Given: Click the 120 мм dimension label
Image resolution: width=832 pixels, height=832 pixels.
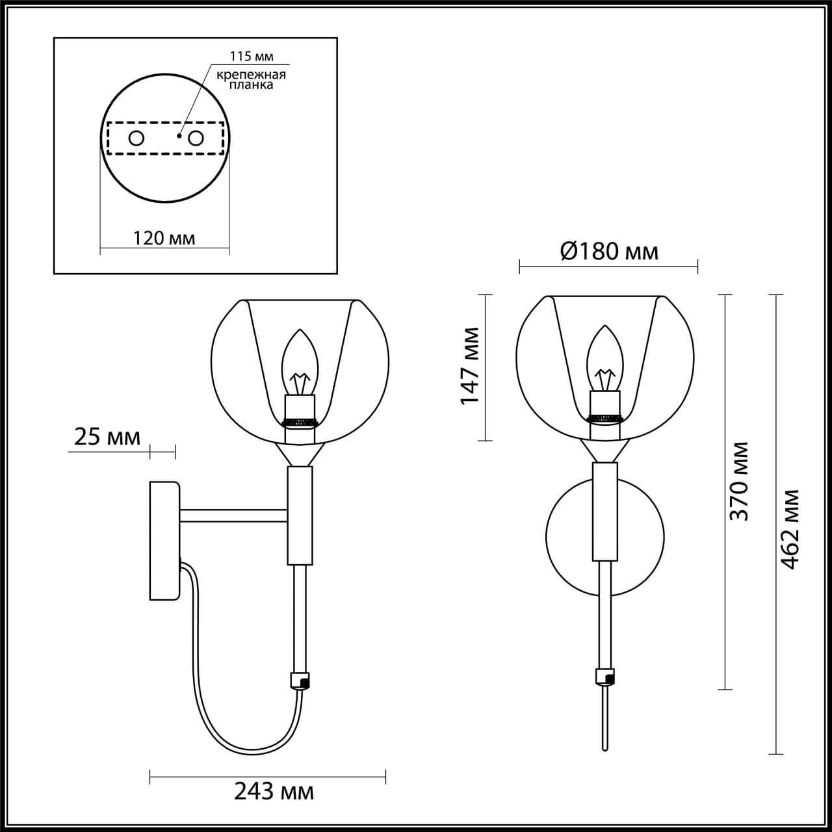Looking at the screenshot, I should (x=164, y=238).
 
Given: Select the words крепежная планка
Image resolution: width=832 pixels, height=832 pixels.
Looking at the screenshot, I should (x=251, y=80).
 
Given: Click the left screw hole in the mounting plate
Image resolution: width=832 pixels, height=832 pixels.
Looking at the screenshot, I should (x=136, y=138).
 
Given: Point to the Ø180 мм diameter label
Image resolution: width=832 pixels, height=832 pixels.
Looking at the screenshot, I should (x=608, y=251).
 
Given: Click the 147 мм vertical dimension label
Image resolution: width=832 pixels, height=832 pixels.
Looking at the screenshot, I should (x=470, y=365).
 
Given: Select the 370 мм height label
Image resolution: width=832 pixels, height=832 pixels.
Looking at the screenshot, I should (x=738, y=481).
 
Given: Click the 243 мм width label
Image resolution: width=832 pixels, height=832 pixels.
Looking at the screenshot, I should (x=274, y=791).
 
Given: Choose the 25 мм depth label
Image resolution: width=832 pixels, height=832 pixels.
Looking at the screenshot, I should (x=107, y=437).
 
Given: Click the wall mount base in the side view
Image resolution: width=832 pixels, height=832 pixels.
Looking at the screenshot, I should (x=164, y=539).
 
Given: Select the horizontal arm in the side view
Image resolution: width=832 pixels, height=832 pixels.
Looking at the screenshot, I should (x=234, y=515).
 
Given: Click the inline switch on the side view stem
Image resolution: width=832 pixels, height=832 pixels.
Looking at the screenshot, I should (x=300, y=680).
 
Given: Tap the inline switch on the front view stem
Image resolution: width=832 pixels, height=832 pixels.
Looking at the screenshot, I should (x=604, y=677).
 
